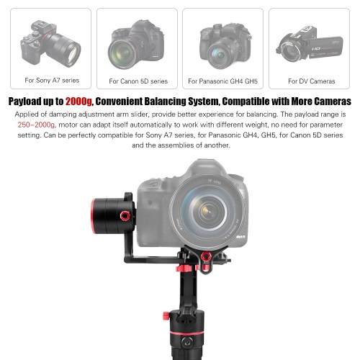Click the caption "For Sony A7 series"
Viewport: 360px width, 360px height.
tap(52, 80)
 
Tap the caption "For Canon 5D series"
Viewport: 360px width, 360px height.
tap(138, 81)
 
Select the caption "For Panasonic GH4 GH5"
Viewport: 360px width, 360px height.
tap(222, 81)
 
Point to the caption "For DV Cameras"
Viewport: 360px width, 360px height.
tap(312, 81)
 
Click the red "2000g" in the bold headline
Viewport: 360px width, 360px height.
tap(78, 102)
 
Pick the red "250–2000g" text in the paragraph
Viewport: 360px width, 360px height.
tap(37, 125)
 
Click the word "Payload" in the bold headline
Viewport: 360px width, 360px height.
tap(24, 102)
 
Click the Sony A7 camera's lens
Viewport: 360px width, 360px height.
tap(66, 48)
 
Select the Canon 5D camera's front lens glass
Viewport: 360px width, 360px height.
tap(122, 54)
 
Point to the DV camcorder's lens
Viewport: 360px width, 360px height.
tap(290, 51)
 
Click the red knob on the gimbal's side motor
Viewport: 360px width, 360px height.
tap(125, 216)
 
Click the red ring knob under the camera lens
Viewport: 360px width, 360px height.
tap(206, 256)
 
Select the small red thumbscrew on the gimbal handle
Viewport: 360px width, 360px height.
tap(166, 315)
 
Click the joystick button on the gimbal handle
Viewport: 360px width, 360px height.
tap(187, 342)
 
